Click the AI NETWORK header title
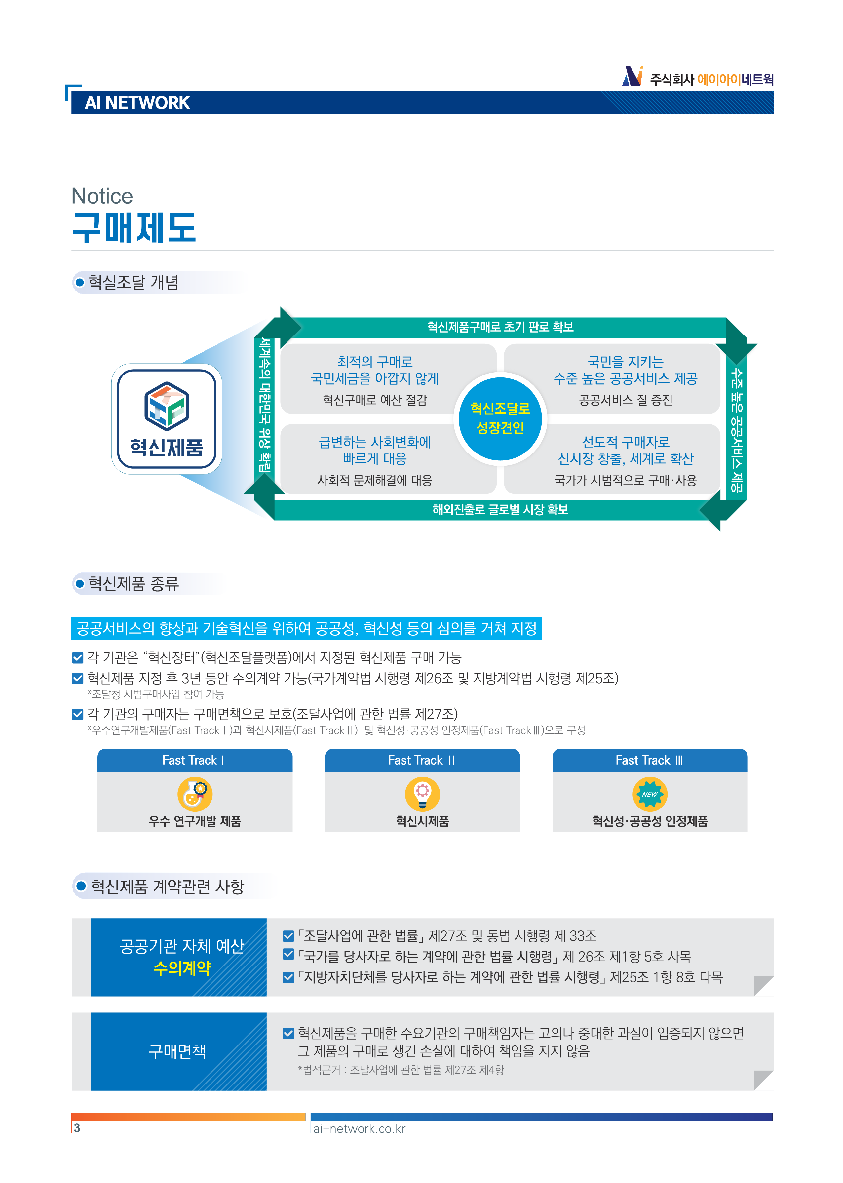pyautogui.click(x=137, y=103)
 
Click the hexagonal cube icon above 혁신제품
pyautogui.click(x=166, y=405)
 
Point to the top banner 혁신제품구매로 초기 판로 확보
pyautogui.click(x=500, y=327)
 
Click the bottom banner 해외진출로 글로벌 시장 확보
pyautogui.click(x=500, y=509)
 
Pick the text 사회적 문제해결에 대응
pyautogui.click(x=375, y=480)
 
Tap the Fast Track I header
pyautogui.click(x=195, y=761)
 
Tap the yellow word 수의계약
pyautogui.click(x=182, y=968)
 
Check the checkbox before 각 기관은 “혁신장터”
pyautogui.click(x=78, y=658)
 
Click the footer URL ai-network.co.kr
pyautogui.click(x=359, y=1128)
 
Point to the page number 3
pyautogui.click(x=77, y=1128)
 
